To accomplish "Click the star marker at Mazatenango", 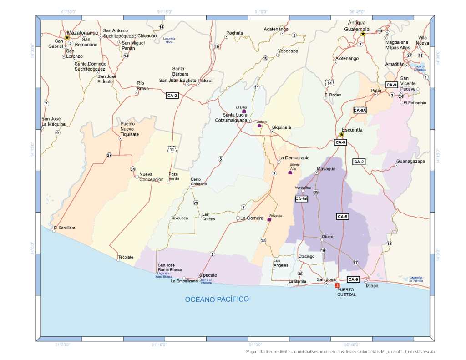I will click(x=67, y=37).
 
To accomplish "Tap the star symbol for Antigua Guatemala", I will click(x=363, y=34).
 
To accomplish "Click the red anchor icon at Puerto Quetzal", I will click(x=337, y=285).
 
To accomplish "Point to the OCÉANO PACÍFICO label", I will click(x=217, y=299).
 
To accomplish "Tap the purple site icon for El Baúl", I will click(x=244, y=111).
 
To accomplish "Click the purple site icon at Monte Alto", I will click(x=290, y=172).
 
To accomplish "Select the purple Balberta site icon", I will click(x=269, y=220).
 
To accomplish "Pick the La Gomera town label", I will click(x=252, y=218).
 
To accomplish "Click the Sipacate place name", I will click(x=208, y=275).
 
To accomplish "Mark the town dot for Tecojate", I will click(x=118, y=260).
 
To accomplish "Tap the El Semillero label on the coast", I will click(x=64, y=228).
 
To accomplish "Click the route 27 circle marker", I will click(x=109, y=155).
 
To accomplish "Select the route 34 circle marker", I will click(x=132, y=169).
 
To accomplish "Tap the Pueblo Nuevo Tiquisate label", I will click(x=129, y=129).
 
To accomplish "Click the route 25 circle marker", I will click(x=263, y=240).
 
